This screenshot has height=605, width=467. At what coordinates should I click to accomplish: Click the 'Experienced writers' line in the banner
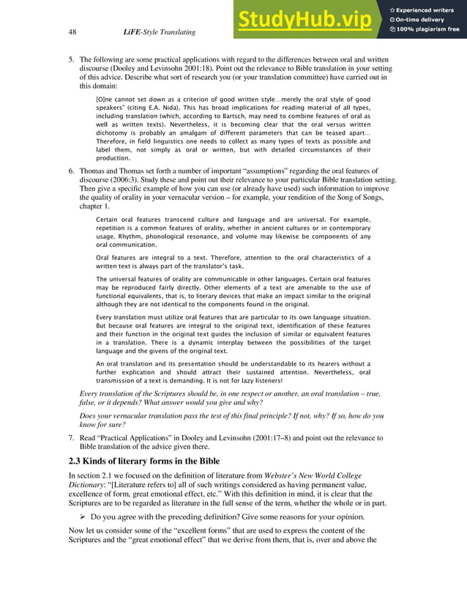pyautogui.click(x=425, y=9)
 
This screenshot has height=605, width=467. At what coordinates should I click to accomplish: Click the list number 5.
pyautogui.click(x=72, y=59)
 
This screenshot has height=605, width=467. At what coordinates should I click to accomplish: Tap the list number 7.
pyautogui.click(x=72, y=438)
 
